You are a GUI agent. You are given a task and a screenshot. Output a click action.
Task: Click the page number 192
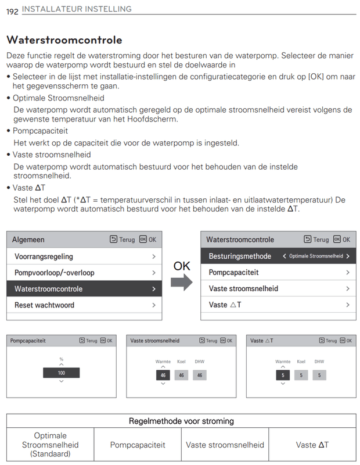pyautogui.click(x=12, y=10)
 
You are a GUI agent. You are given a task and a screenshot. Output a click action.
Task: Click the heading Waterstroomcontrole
pyautogui.click(x=64, y=40)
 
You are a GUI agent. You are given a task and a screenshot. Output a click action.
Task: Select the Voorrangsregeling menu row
pyautogui.click(x=84, y=256)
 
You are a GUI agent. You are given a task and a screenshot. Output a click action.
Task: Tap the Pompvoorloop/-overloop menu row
pyautogui.click(x=84, y=273)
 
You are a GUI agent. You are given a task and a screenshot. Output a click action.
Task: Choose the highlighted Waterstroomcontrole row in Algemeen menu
pyautogui.click(x=84, y=289)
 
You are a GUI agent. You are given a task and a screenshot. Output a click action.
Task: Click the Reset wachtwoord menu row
pyautogui.click(x=84, y=305)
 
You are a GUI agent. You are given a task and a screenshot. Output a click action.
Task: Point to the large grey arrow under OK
pyautogui.click(x=181, y=282)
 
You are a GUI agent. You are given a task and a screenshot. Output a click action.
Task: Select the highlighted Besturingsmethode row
pyautogui.click(x=278, y=256)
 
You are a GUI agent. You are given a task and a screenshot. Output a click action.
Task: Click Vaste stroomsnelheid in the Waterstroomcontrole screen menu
pyautogui.click(x=278, y=289)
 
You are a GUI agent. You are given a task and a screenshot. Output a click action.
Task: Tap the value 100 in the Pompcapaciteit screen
pyautogui.click(x=61, y=373)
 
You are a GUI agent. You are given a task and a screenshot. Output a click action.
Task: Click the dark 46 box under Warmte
pyautogui.click(x=163, y=375)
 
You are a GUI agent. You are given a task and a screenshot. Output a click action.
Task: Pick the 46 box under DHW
pyautogui.click(x=199, y=375)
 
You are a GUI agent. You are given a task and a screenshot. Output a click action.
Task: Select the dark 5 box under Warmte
pyautogui.click(x=283, y=375)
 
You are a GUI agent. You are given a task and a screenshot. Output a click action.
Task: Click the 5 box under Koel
pyautogui.click(x=301, y=375)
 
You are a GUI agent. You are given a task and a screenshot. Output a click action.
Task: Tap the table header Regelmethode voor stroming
pyautogui.click(x=181, y=421)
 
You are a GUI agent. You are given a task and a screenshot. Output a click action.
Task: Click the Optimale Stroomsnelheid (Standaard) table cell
pyautogui.click(x=51, y=445)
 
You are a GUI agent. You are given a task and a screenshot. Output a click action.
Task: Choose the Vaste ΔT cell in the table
pyautogui.click(x=312, y=445)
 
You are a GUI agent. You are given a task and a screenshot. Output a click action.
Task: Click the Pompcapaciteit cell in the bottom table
pyautogui.click(x=138, y=445)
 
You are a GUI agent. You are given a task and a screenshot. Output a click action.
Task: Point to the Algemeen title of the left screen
pyautogui.click(x=28, y=239)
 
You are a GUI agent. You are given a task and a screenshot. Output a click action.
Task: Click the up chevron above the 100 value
pyautogui.click(x=61, y=364)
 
